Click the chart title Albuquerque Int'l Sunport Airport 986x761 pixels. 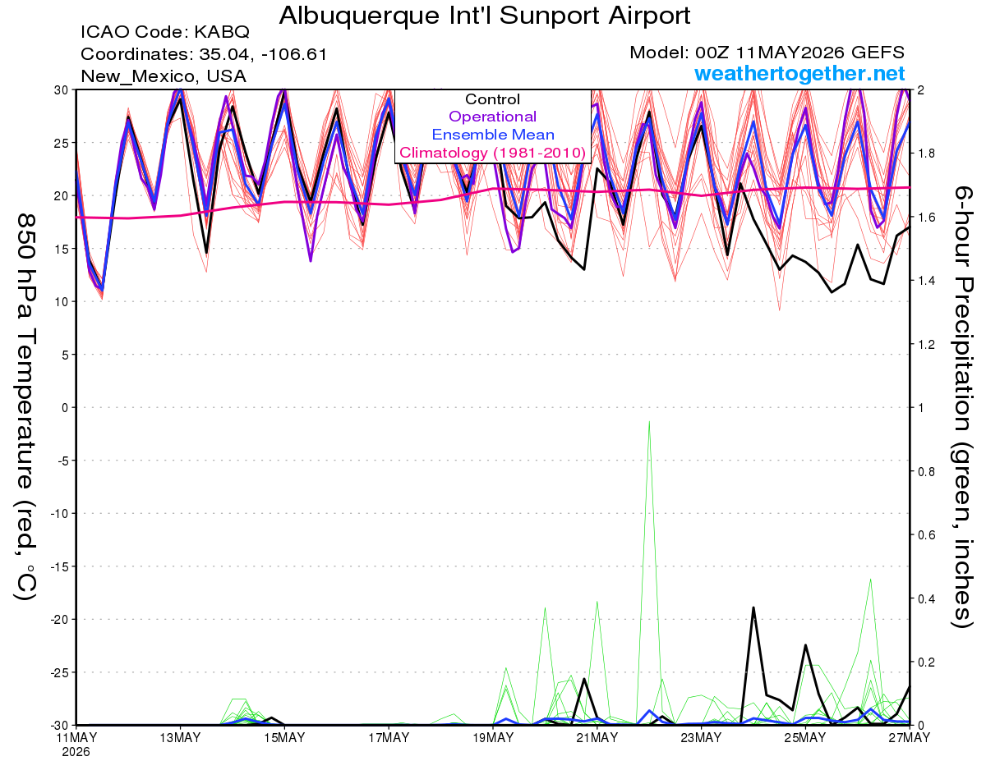tap(484, 16)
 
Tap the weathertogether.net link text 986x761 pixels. tap(799, 74)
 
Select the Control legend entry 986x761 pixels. tap(492, 99)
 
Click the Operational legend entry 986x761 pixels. tap(492, 117)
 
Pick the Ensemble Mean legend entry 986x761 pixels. tap(493, 135)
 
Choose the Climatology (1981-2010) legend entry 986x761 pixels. tap(492, 153)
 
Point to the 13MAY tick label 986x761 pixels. tap(180, 737)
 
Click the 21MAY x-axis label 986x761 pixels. tap(597, 737)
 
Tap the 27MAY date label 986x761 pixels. tap(910, 737)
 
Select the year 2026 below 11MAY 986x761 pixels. tap(76, 753)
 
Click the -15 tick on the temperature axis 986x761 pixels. tap(59, 566)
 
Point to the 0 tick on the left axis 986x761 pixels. tap(65, 408)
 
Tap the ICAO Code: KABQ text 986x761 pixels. tap(165, 32)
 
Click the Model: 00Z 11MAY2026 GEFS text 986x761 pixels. tap(767, 53)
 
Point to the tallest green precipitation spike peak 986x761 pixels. tap(649, 422)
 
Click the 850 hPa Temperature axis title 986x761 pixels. tap(25, 407)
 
